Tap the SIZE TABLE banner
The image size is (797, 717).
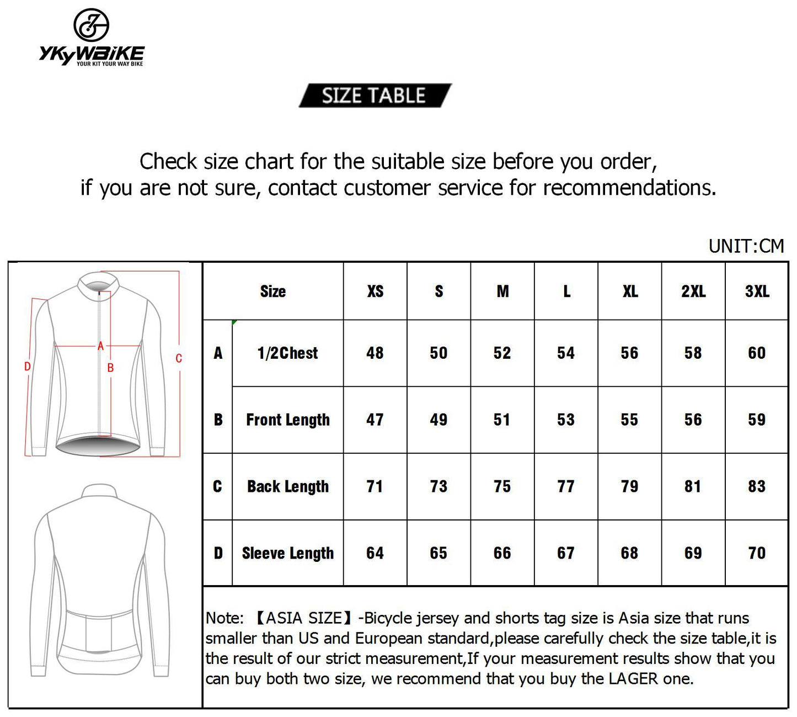(x=374, y=95)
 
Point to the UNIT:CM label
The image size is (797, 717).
(x=746, y=246)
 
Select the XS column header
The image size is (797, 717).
(x=375, y=291)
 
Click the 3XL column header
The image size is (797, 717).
(x=757, y=291)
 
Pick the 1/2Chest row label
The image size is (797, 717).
(x=287, y=353)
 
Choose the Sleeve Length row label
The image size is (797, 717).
(x=287, y=553)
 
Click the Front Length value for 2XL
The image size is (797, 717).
(x=693, y=419)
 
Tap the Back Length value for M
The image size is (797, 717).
(x=502, y=486)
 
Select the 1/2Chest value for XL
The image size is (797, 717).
(x=629, y=353)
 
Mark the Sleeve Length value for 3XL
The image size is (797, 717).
(x=757, y=553)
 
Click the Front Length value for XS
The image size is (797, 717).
(x=375, y=419)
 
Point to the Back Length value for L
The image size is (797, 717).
(x=566, y=486)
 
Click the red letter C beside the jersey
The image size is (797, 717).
(x=179, y=359)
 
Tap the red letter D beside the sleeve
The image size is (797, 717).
(x=27, y=367)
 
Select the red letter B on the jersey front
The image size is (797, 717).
(x=110, y=368)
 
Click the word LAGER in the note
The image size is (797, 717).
(x=633, y=678)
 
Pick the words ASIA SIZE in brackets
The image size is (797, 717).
(x=303, y=618)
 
